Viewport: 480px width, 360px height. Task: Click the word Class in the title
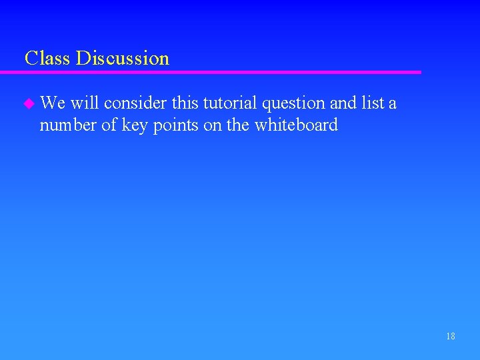click(47, 59)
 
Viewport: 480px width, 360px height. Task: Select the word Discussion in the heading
click(123, 59)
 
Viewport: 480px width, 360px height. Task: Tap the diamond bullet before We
click(27, 104)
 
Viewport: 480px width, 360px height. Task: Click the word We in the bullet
click(52, 103)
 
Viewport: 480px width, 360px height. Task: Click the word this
click(185, 103)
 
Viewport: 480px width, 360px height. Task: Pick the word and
click(343, 103)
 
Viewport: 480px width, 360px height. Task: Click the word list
click(373, 103)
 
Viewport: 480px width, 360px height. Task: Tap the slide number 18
click(451, 337)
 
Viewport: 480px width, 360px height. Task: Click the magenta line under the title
click(220, 72)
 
